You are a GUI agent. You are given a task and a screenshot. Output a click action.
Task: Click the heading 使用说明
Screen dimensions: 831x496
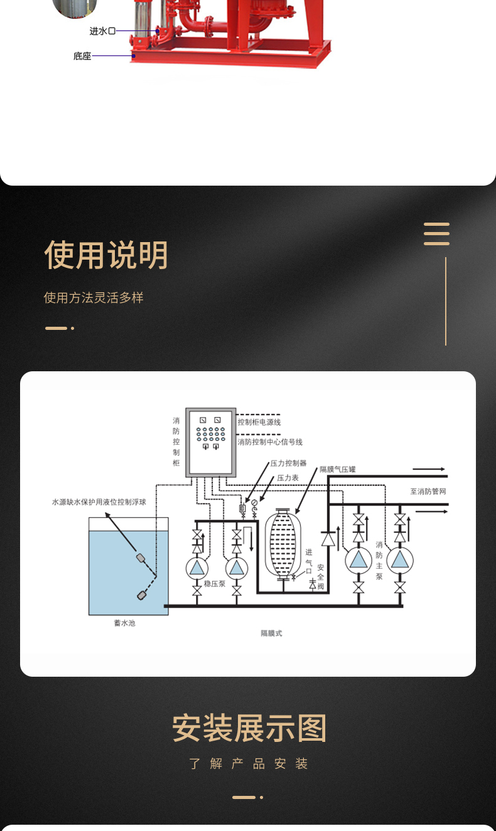(106, 255)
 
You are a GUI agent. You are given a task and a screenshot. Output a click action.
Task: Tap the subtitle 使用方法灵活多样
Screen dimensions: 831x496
(94, 298)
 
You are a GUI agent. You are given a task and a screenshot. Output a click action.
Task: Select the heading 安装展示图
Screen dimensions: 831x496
(249, 729)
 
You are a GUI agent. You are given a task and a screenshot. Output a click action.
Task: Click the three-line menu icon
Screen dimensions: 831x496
(436, 233)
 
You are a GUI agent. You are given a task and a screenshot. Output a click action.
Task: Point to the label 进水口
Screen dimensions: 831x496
(102, 31)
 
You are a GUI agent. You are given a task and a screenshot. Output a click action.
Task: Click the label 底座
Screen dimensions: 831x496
(82, 56)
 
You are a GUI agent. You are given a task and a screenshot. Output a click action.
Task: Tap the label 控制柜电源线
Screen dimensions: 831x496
(259, 423)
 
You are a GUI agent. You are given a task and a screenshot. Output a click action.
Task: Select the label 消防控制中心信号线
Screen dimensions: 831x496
(270, 442)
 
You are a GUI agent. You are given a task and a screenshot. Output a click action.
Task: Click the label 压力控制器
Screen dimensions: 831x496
(288, 463)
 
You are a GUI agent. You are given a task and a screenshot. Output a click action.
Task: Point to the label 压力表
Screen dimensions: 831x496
(288, 478)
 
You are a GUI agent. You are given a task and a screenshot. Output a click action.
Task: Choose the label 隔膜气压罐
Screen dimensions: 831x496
(338, 469)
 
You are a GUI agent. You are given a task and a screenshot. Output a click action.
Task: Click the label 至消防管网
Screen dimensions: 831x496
(428, 492)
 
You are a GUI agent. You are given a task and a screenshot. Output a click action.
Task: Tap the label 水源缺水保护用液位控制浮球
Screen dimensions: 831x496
(99, 502)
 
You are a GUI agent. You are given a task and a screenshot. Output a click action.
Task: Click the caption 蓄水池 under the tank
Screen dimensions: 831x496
(124, 623)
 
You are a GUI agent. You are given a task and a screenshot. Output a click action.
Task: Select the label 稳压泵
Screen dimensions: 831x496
(214, 583)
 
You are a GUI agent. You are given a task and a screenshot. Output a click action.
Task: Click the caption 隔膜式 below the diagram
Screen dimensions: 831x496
(271, 633)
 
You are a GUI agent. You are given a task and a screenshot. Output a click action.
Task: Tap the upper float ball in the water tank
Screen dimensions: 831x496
(141, 557)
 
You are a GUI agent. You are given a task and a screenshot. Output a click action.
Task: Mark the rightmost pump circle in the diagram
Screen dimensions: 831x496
(399, 560)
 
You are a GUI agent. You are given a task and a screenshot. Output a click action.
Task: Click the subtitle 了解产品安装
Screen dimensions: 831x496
(249, 764)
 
